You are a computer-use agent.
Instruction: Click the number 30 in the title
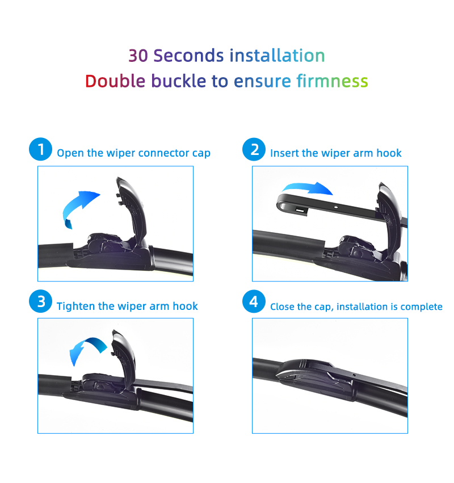(x=139, y=56)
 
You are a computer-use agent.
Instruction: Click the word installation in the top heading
(x=277, y=56)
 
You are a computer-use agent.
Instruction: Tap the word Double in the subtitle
(x=115, y=81)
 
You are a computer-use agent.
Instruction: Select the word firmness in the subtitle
(x=332, y=81)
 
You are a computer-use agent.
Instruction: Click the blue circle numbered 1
(x=40, y=150)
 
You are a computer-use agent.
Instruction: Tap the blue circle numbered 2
(x=254, y=150)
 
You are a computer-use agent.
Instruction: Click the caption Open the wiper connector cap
(x=133, y=153)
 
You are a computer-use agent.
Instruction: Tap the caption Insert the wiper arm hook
(x=335, y=153)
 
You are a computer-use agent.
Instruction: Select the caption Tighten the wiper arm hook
(x=127, y=306)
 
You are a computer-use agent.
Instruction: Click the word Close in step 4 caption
(x=283, y=307)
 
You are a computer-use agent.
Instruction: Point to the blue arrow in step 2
(x=307, y=188)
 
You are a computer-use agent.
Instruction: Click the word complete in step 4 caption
(x=421, y=307)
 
